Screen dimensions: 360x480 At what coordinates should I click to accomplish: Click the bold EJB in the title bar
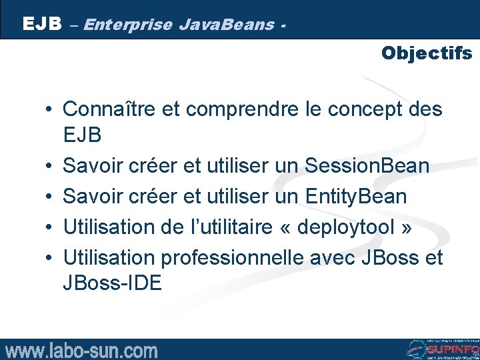pos(42,25)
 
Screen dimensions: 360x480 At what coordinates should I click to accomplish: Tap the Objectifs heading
pos(427,53)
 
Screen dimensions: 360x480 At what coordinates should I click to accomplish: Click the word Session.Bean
pos(367,165)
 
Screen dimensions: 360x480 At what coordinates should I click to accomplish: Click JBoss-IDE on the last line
pos(112,283)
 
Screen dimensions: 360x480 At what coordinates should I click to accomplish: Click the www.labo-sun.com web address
pos(81,350)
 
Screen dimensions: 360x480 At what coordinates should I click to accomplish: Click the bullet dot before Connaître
pos(50,109)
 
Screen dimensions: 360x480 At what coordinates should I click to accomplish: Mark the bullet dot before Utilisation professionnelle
pos(50,257)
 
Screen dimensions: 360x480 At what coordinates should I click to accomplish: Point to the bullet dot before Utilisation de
pos(50,227)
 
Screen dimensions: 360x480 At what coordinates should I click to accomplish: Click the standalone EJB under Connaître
pos(82,135)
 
